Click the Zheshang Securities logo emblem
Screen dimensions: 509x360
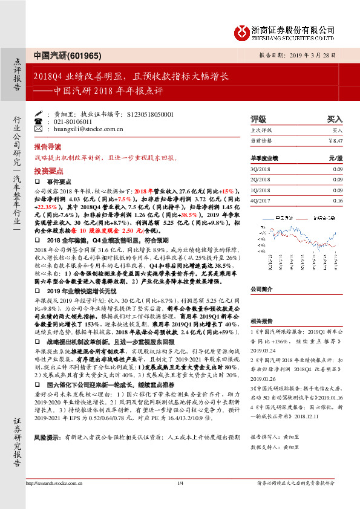pos(243,31)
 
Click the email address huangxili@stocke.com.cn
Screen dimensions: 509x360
pos(80,128)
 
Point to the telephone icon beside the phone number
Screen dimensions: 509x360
pos(39,121)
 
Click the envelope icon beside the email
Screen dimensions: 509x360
pos(39,128)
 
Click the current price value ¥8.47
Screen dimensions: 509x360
pos(335,140)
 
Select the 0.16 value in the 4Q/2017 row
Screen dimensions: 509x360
pos(337,200)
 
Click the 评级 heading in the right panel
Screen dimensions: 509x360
pos(258,120)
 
